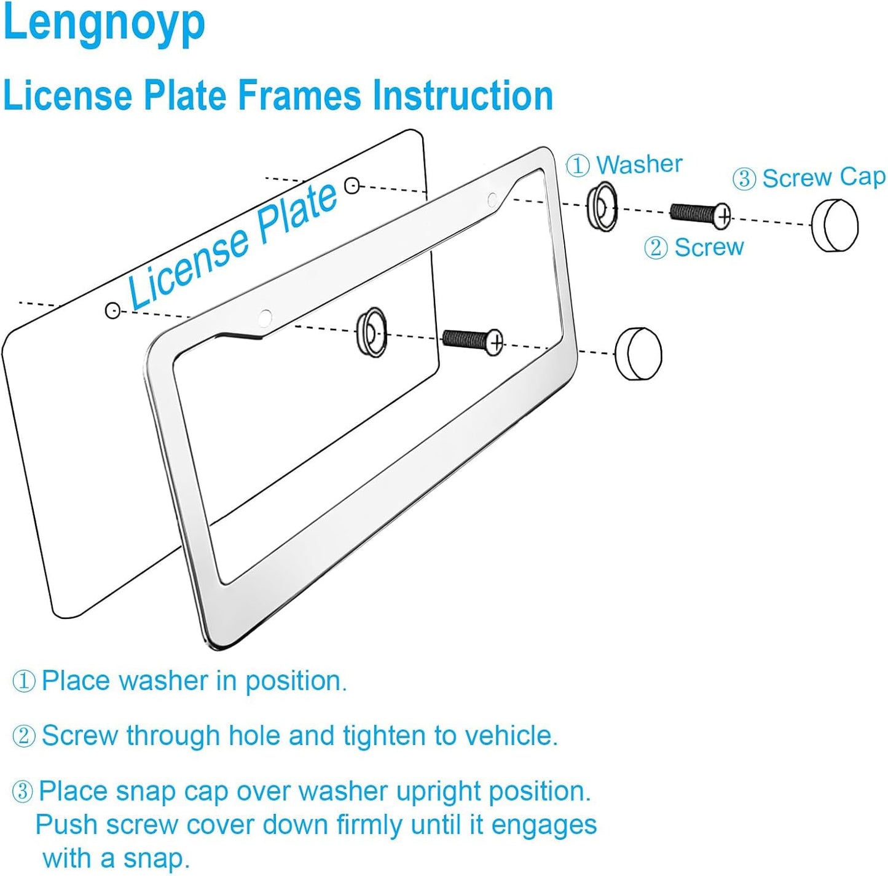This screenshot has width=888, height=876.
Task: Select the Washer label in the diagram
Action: (x=639, y=165)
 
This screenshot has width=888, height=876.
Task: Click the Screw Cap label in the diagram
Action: (x=823, y=178)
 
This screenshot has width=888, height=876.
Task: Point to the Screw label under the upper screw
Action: (x=709, y=248)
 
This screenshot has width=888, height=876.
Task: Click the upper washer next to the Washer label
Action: (x=602, y=207)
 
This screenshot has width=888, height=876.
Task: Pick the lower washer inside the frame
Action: (x=372, y=332)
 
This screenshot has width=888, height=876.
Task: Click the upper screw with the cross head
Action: (x=699, y=214)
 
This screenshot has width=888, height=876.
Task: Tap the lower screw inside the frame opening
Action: (x=473, y=341)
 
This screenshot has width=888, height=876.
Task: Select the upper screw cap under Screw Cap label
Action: (x=834, y=225)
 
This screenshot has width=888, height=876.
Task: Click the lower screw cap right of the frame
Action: (x=638, y=354)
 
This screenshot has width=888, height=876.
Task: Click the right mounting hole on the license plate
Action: (x=352, y=185)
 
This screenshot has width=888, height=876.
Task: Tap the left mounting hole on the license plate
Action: (x=112, y=310)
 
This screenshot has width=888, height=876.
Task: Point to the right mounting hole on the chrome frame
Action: (x=492, y=199)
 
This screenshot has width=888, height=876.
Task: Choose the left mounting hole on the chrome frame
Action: (x=265, y=318)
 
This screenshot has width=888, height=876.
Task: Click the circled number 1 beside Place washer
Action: (x=23, y=681)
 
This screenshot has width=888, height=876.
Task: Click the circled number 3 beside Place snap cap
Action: (x=22, y=791)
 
